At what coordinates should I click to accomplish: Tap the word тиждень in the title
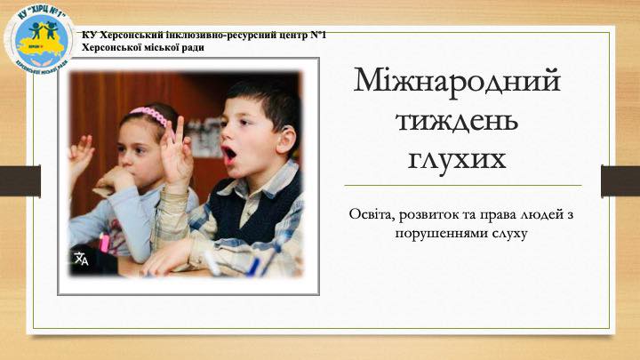coord(457,121)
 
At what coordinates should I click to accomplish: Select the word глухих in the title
coord(457,159)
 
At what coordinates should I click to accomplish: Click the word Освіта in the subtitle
coord(371,215)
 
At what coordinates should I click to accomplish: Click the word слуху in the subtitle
coord(510,234)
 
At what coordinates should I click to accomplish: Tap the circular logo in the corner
coord(40,39)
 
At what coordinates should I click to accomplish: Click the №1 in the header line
coord(318,35)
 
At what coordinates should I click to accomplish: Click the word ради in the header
coord(193,48)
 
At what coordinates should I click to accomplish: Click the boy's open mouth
coord(229,154)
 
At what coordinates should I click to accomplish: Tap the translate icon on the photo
coord(81,259)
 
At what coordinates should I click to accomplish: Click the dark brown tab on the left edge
coord(20,180)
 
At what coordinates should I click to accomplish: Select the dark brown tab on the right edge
coord(620,180)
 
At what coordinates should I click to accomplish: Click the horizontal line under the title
coord(463,185)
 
